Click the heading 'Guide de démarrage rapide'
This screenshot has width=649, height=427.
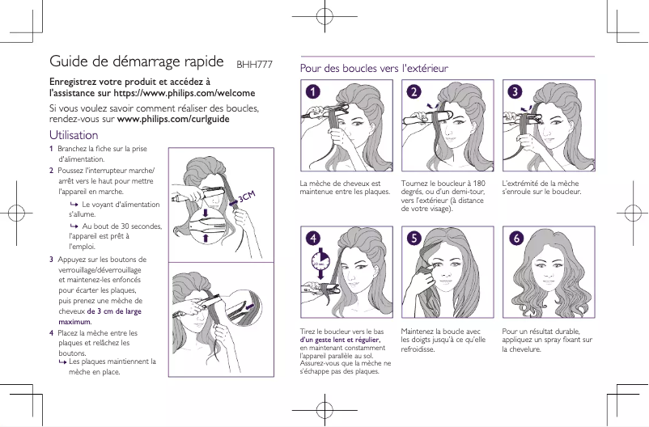(137, 61)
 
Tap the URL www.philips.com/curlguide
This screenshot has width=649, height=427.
(173, 119)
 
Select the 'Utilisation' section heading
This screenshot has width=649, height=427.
(74, 135)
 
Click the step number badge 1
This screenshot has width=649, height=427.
(312, 91)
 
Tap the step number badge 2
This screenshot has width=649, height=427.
(414, 91)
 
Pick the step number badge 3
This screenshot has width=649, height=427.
(515, 91)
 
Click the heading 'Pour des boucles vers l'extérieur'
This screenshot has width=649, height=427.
(374, 69)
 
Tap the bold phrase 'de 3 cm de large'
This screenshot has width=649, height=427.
(114, 311)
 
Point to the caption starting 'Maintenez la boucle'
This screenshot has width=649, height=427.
(442, 340)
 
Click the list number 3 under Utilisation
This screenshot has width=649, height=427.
(52, 260)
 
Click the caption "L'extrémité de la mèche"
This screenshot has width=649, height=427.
(541, 188)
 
